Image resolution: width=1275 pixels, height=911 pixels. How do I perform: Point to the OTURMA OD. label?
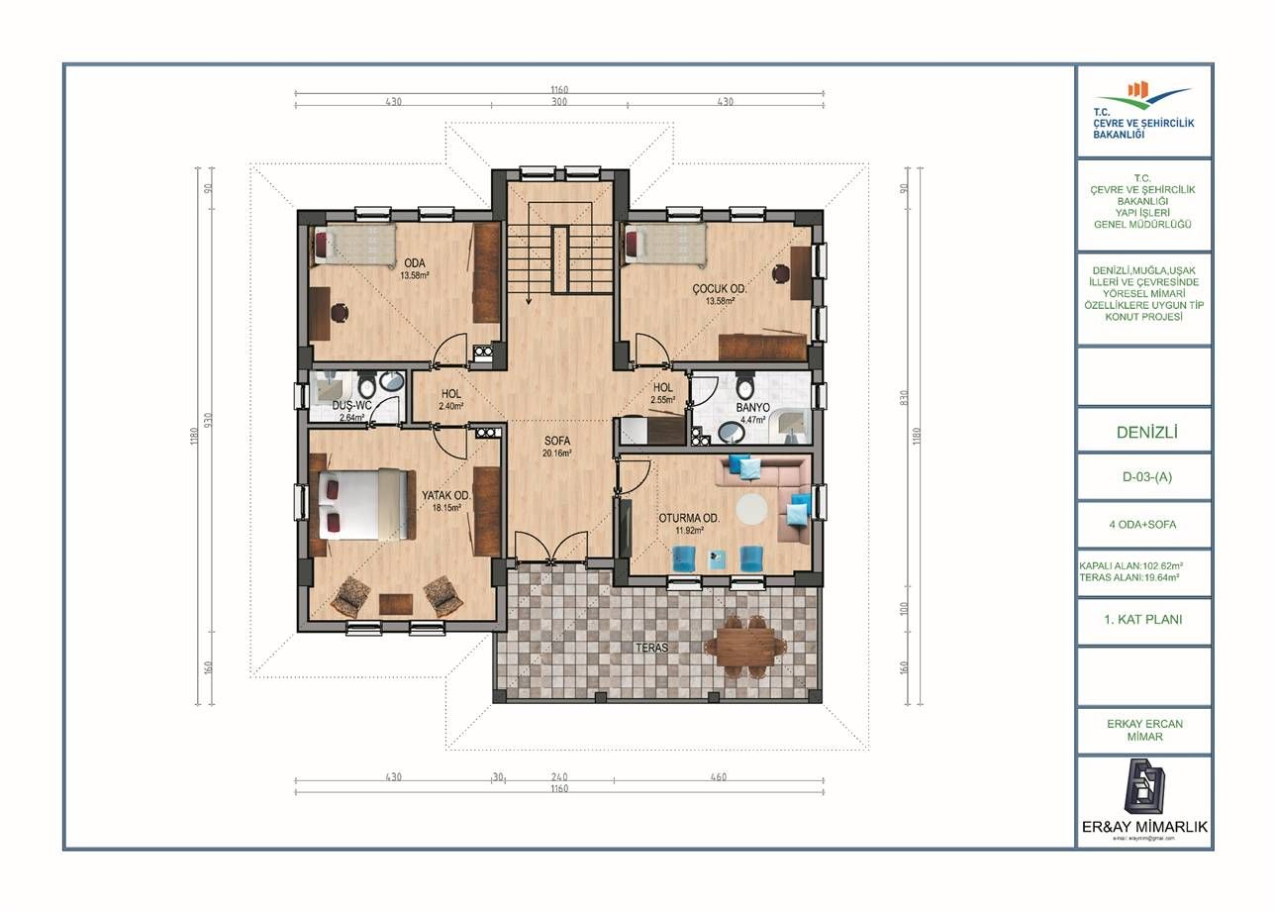[689, 518]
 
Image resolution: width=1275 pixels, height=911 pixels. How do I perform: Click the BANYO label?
[752, 407]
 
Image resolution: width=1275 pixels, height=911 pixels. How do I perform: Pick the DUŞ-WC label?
[351, 405]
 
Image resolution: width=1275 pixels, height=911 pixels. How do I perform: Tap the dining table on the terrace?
[745, 646]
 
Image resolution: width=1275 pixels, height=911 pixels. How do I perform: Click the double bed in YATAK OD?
[362, 503]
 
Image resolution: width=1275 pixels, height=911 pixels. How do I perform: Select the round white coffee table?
[752, 508]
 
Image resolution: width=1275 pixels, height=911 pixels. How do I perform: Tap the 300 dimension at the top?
[559, 102]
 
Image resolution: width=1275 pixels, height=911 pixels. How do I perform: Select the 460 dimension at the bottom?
[718, 777]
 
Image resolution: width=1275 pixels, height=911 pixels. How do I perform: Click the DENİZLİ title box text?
[1144, 432]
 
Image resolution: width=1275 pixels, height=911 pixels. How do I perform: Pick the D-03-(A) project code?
[1144, 476]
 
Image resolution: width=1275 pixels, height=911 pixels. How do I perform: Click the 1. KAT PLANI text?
[1144, 620]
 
